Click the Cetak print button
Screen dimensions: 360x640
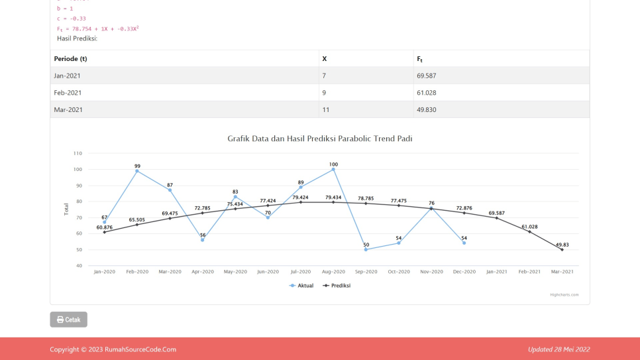click(68, 320)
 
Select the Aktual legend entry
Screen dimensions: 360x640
click(301, 286)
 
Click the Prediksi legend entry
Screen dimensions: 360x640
click(337, 286)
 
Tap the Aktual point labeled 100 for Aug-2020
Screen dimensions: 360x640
click(333, 170)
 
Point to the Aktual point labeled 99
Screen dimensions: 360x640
click(137, 171)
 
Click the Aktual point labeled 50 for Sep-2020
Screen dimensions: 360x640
click(366, 249)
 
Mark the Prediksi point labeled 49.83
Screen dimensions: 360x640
click(562, 250)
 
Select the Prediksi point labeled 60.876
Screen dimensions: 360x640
click(105, 232)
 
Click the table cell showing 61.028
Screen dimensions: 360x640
click(426, 93)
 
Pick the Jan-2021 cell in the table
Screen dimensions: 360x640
click(68, 76)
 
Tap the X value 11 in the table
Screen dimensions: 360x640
click(325, 109)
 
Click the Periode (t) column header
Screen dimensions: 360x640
click(70, 59)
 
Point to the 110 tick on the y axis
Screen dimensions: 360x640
click(78, 153)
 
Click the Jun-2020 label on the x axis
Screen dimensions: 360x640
click(268, 272)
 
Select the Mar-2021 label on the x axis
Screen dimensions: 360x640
click(562, 272)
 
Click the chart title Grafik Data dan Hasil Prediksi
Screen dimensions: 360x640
click(319, 139)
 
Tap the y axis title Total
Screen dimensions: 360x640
click(66, 210)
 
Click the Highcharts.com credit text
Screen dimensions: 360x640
click(564, 294)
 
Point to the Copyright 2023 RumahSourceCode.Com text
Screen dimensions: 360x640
click(113, 349)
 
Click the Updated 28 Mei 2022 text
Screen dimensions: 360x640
click(559, 349)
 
